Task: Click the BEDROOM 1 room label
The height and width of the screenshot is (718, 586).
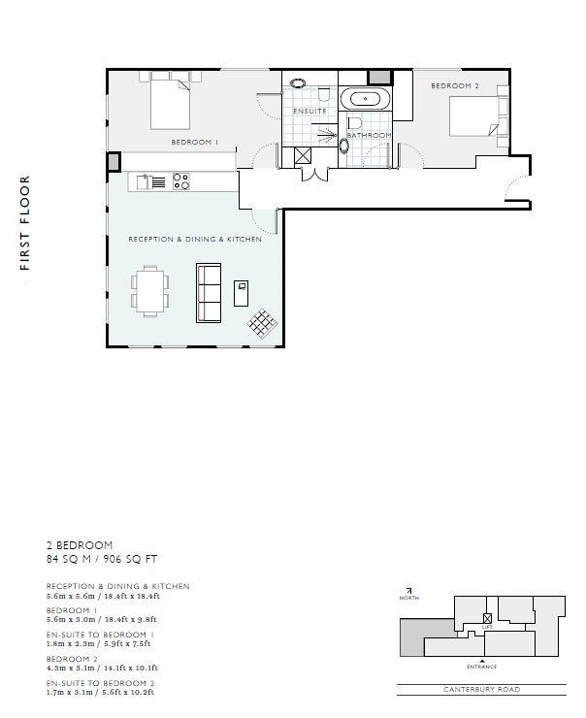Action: pos(195,142)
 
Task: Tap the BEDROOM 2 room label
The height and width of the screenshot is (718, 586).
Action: pos(455,85)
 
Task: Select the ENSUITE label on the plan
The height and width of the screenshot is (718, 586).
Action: pos(309,111)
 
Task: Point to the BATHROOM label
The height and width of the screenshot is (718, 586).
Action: pos(369,135)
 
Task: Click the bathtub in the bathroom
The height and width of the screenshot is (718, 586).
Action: pos(366,98)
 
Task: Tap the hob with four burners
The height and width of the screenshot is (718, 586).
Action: pos(181,181)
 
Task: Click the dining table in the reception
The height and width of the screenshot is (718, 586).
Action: pos(149,291)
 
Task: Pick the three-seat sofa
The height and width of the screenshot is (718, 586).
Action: pos(209,293)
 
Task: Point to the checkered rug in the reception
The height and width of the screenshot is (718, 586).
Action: pos(263,324)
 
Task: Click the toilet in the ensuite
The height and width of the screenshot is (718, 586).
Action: pos(324,94)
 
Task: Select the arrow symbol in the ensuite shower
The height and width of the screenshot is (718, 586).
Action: pos(327,135)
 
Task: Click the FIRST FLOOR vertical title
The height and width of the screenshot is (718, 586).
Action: pos(24,223)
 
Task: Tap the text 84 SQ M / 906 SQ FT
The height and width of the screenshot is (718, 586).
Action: pos(102,559)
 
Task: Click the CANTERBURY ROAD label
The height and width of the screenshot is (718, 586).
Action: pos(481,689)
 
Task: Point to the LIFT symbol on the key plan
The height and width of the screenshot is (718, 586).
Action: pos(487,619)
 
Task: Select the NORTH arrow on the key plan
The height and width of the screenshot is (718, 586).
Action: pos(408,591)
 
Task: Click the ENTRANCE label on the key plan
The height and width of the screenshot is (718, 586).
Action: pos(481,667)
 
